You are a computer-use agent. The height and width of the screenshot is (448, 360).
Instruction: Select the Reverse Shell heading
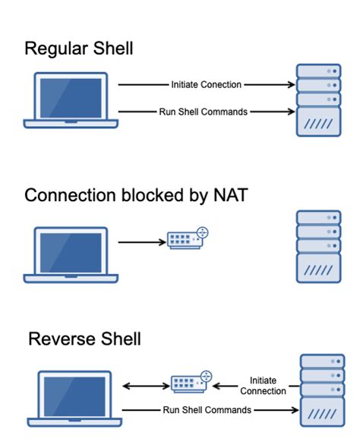click(84, 338)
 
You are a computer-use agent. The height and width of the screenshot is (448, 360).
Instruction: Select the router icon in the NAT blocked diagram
click(187, 238)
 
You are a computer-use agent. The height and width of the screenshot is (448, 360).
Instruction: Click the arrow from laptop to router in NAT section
click(141, 242)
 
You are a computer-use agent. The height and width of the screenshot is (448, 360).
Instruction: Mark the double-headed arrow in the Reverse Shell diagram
click(144, 386)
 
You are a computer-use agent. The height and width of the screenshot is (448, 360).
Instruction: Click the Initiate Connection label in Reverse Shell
click(262, 385)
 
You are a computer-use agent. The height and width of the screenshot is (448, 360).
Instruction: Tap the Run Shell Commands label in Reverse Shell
click(206, 409)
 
